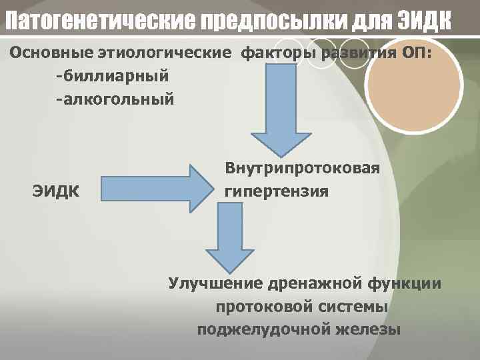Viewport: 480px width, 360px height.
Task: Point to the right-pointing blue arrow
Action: pos(157,189)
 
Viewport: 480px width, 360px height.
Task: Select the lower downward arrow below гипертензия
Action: pos(229,237)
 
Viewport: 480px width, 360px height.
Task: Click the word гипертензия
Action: pos(277,192)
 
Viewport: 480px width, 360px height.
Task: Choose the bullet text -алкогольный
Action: pos(115,100)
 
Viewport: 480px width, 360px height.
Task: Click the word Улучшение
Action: pos(214,284)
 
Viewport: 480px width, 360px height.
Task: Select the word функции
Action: pos(407,284)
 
